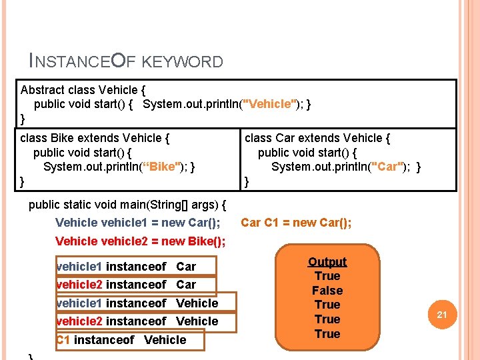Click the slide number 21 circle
pos(441,314)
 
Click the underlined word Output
pos(327,262)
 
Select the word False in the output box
pos(327,291)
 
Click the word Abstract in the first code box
pos(42,90)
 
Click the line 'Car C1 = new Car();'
pos(296,223)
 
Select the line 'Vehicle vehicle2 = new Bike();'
pos(140,241)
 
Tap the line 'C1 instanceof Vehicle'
pos(121,340)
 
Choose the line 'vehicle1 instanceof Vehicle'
pos(137,303)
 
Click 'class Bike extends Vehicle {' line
pos(95,139)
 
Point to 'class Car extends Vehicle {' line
pos(318,139)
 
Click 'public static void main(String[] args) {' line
pos(128,205)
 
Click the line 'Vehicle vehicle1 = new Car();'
pos(138,223)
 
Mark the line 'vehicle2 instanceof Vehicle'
pos(137,321)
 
